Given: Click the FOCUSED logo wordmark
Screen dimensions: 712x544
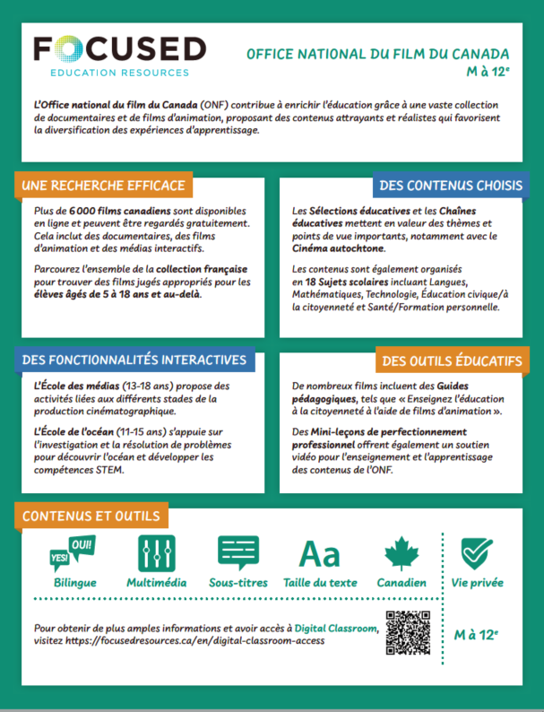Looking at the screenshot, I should [118, 49].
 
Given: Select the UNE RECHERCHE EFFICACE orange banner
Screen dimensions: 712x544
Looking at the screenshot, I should [104, 186].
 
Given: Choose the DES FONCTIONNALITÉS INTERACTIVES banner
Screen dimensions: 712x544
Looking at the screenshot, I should [134, 360].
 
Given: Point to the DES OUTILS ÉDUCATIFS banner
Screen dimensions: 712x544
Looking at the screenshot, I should [452, 360].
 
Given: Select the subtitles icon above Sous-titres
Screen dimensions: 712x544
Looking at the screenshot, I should [237, 553].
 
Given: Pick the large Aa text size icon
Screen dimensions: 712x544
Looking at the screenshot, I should [319, 554].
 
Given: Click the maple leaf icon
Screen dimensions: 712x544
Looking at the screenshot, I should [402, 553].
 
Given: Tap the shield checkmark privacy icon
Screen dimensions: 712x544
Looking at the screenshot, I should [475, 553].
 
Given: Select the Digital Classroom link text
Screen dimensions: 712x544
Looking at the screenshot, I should [336, 629].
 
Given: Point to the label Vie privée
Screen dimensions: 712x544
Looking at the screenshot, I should [476, 583].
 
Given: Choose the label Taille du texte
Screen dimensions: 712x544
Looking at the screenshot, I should [320, 583].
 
